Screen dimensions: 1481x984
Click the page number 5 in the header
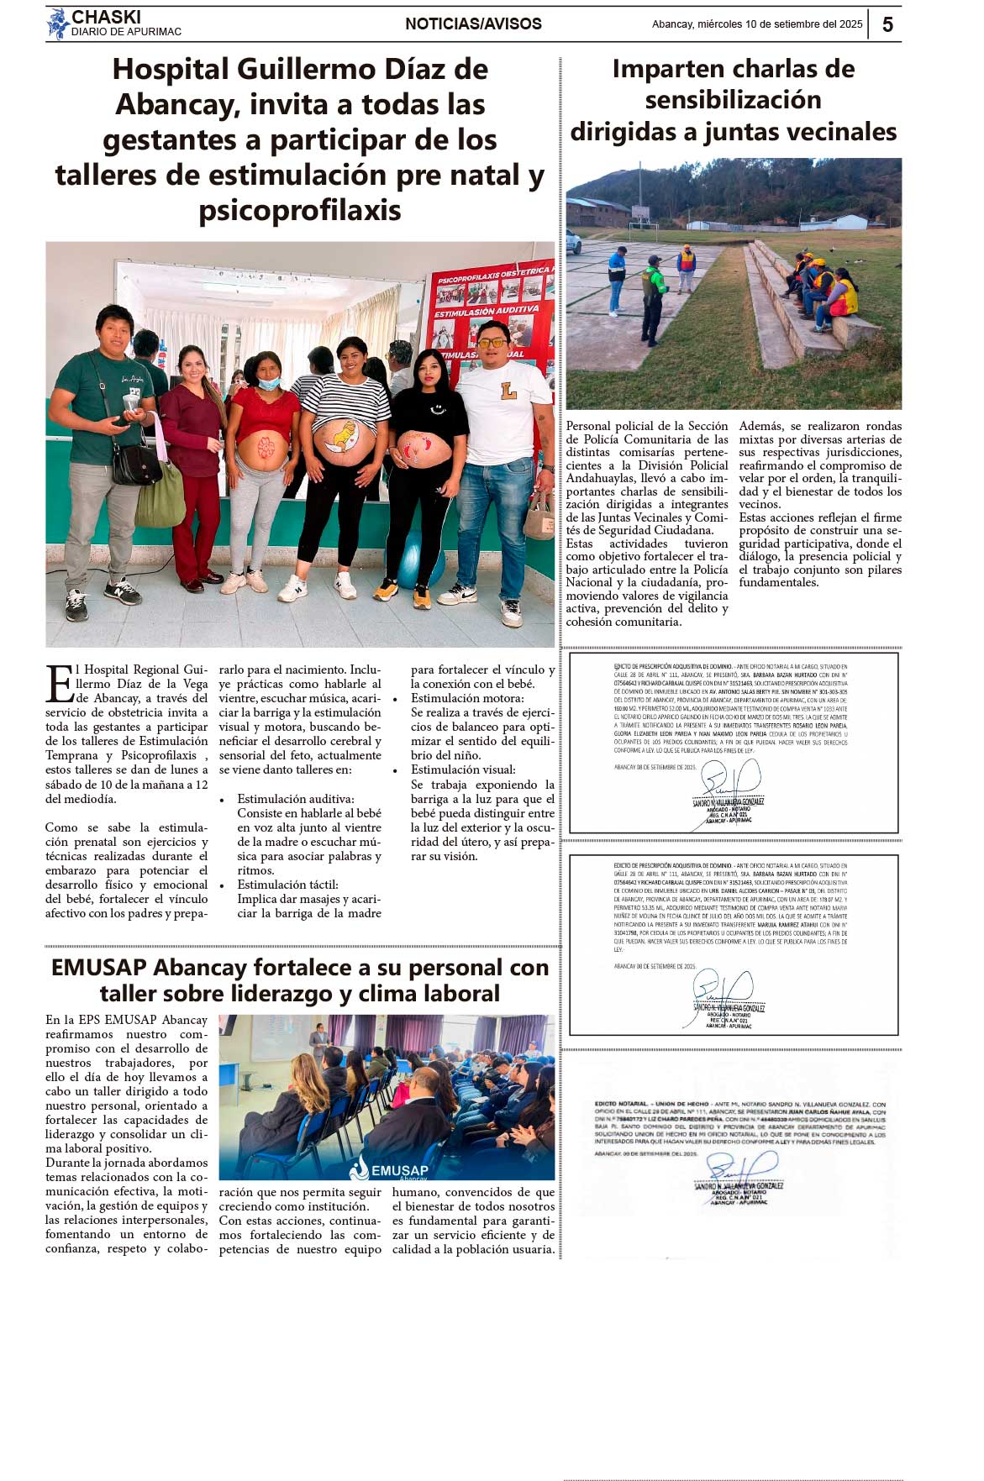[x=887, y=24]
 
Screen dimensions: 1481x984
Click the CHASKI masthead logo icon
[x=57, y=24]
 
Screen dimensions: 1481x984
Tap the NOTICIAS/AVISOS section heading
[x=473, y=24]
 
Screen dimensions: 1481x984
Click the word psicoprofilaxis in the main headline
[x=300, y=210]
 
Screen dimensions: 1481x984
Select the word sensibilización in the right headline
[x=733, y=100]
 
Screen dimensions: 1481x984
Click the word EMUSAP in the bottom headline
[x=98, y=968]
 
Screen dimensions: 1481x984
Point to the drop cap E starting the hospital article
[x=60, y=683]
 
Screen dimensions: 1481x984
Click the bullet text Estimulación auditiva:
[x=296, y=799]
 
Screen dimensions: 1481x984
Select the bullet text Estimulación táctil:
[x=287, y=885]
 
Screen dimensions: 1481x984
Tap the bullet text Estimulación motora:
[x=467, y=698]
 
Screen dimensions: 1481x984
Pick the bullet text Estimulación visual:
[x=463, y=769]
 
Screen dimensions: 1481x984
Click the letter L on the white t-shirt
[x=508, y=391]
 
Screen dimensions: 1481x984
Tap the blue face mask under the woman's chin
[x=268, y=384]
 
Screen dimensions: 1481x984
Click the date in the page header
[x=757, y=24]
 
